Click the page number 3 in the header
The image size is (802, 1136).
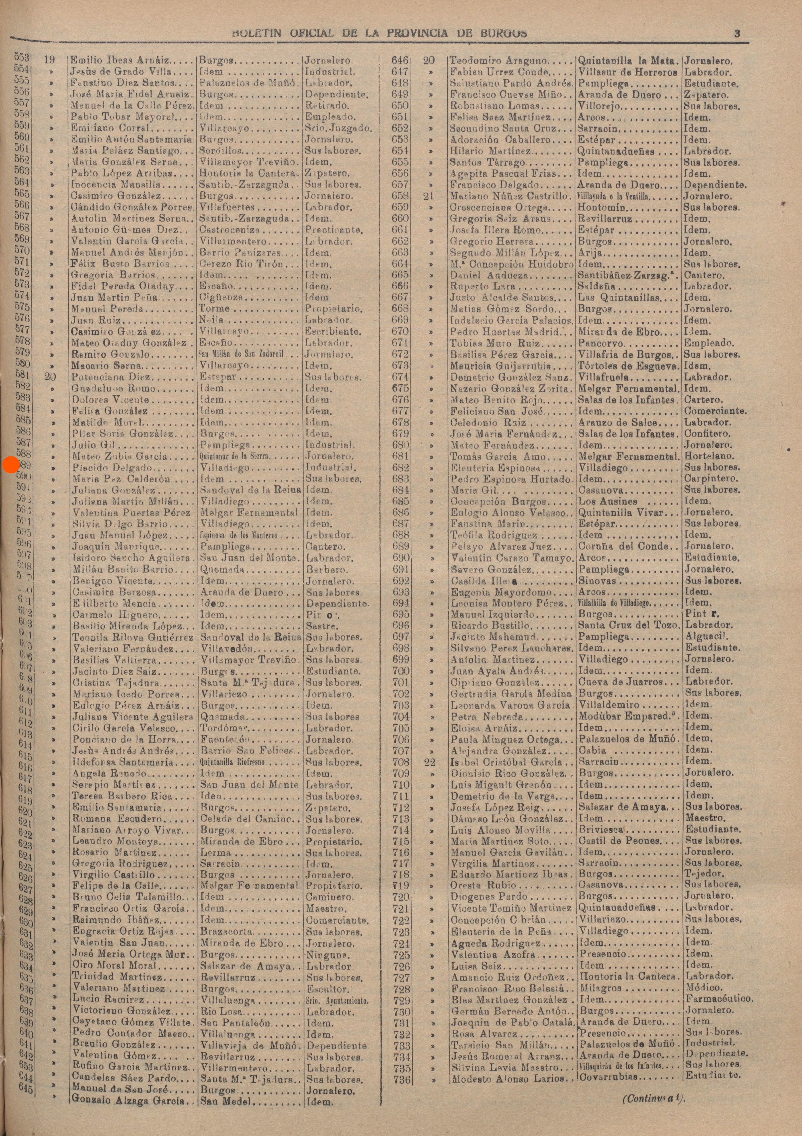point(737,34)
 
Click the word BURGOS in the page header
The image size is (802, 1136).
point(503,34)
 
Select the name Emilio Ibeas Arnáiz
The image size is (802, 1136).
point(120,61)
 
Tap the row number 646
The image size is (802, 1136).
point(400,60)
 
